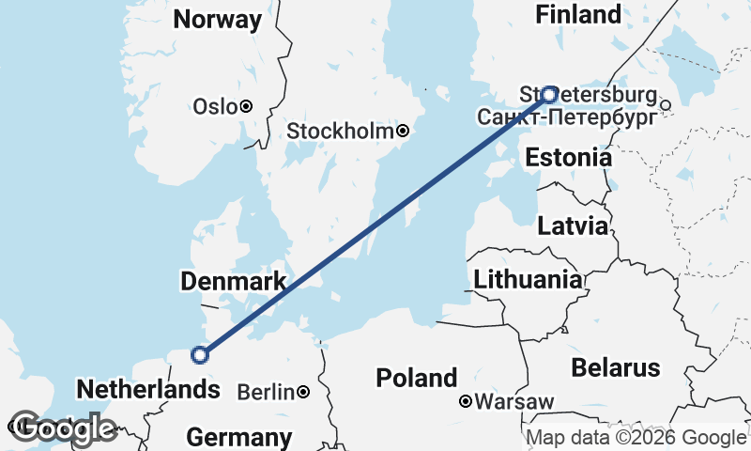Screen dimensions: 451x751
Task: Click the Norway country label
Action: [x=218, y=20]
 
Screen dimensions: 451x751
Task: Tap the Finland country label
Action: [x=577, y=14]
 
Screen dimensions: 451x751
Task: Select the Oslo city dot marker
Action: [x=246, y=106]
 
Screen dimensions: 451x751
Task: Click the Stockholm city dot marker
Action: [x=403, y=132]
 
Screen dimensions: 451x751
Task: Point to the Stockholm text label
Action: [x=340, y=132]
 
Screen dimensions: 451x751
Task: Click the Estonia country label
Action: [x=569, y=158]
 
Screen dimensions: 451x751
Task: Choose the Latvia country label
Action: [x=572, y=225]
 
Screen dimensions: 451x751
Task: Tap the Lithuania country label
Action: [x=528, y=279]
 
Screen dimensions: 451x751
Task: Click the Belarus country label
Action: [x=616, y=366]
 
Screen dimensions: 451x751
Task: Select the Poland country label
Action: [x=416, y=378]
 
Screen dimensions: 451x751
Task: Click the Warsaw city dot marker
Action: [x=466, y=402]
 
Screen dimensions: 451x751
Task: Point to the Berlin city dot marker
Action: [x=303, y=391]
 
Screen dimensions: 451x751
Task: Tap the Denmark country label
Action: [x=234, y=282]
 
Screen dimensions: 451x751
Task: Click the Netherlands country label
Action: [x=141, y=389]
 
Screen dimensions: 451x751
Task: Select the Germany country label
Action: [x=238, y=437]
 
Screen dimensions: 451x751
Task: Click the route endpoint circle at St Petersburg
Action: [x=549, y=94]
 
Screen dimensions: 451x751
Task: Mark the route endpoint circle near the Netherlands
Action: [x=199, y=354]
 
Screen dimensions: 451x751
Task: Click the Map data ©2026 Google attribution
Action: [x=636, y=437]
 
